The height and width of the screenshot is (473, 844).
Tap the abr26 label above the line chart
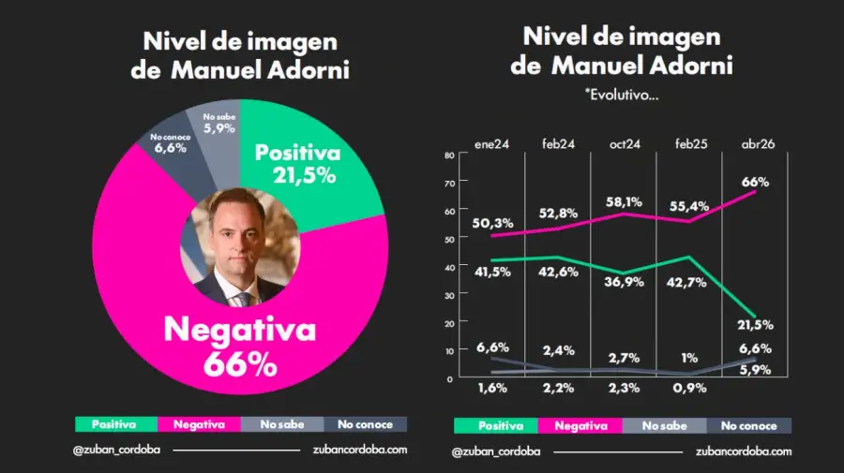coord(757,143)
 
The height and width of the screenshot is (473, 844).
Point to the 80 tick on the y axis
coord(449,155)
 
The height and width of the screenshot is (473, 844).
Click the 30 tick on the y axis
coord(449,295)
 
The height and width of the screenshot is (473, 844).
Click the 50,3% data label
coord(493,222)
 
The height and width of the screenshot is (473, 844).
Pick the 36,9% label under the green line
coord(625,282)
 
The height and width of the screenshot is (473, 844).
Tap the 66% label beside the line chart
coord(755,182)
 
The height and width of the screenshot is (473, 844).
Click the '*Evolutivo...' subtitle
coord(622,95)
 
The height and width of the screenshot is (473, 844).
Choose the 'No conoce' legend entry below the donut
coord(367,424)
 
